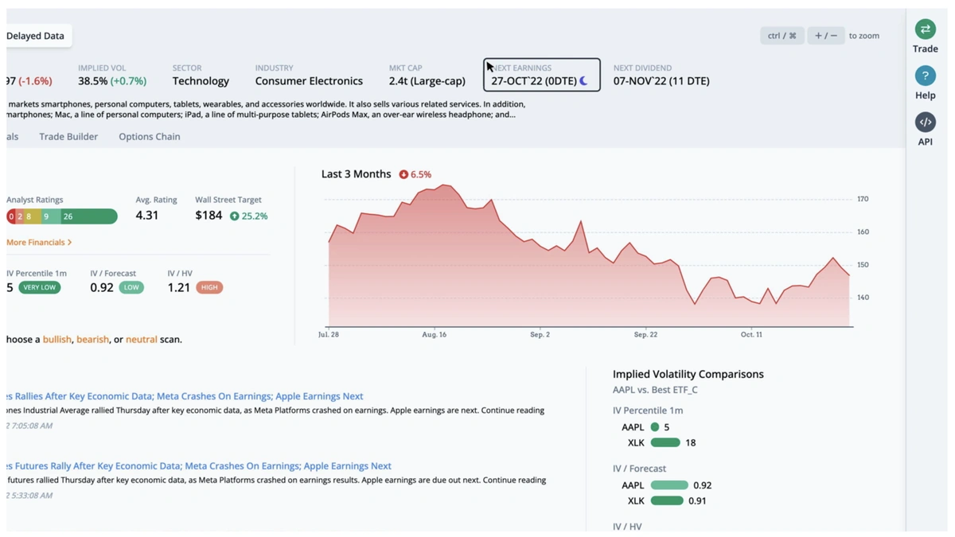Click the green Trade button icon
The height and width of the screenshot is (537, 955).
tap(925, 29)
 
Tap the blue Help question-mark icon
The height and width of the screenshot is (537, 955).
tap(925, 76)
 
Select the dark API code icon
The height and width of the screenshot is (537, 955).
tap(925, 122)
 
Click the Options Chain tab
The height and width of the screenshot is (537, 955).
tap(150, 137)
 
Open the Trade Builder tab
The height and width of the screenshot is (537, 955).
tap(68, 137)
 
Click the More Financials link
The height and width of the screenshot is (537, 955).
tap(39, 242)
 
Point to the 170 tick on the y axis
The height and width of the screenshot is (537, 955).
tap(863, 199)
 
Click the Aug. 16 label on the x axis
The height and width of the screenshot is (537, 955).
tap(434, 335)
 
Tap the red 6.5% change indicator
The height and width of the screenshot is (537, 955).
tap(415, 174)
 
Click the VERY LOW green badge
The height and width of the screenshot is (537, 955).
tap(39, 287)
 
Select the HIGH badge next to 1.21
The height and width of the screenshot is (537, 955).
tap(209, 287)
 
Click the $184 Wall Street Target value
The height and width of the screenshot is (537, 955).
tap(209, 216)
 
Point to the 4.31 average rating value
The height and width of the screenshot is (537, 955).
tap(147, 216)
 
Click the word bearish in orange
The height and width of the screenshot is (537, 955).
tap(92, 340)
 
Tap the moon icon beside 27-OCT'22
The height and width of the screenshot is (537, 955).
tap(584, 81)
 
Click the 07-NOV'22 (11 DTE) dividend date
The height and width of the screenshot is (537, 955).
tap(661, 81)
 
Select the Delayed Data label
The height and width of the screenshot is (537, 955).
tap(36, 36)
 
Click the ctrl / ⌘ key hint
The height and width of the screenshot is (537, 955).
tap(782, 36)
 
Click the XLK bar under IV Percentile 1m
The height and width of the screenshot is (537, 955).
tap(665, 443)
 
